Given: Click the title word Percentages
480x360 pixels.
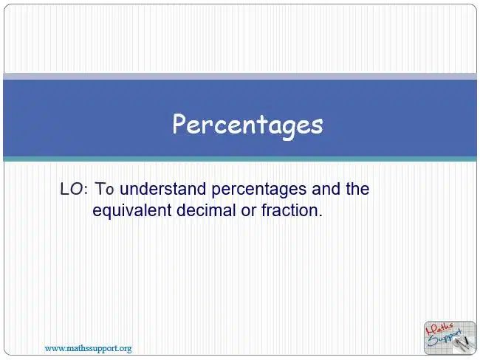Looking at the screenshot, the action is coord(247,125).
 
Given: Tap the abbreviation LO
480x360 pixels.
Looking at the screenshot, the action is coord(72,189).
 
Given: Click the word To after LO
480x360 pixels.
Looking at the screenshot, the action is coord(104,189).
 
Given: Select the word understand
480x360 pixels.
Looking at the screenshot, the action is coord(162,189).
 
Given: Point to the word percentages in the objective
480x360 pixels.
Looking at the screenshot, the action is coord(259,190).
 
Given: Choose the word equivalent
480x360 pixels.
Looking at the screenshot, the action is coord(131,211).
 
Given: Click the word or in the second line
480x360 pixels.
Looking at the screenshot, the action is coord(248,212).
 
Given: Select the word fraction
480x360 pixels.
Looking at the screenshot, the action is coord(289,210).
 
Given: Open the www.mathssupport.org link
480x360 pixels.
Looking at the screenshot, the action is coord(88,348).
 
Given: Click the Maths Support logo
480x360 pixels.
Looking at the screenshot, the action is coord(450,338).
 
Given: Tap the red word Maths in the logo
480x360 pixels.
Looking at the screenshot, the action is coord(440,329).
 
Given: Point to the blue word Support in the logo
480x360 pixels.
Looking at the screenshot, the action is coord(445,339).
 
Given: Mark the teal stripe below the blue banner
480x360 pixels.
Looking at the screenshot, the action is coord(240,159).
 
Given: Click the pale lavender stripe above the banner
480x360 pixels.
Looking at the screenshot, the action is coord(240,77).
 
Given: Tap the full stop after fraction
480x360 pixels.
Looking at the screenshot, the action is coord(320,215).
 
